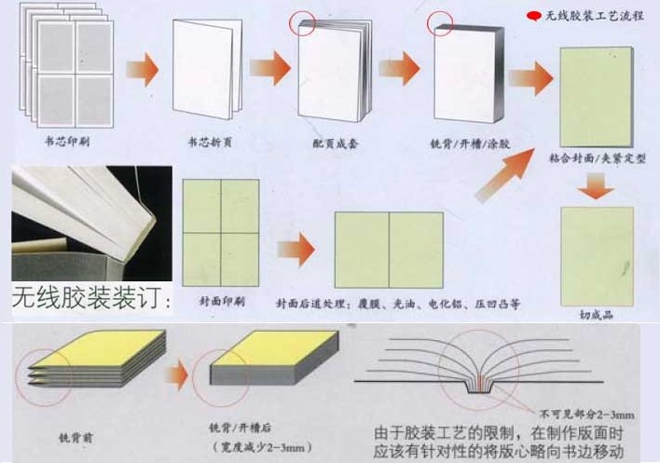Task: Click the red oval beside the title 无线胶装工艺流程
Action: tap(534, 16)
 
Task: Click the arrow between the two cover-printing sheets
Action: tap(296, 249)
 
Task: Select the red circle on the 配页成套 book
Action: tap(303, 22)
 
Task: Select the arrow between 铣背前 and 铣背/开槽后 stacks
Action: tap(177, 377)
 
